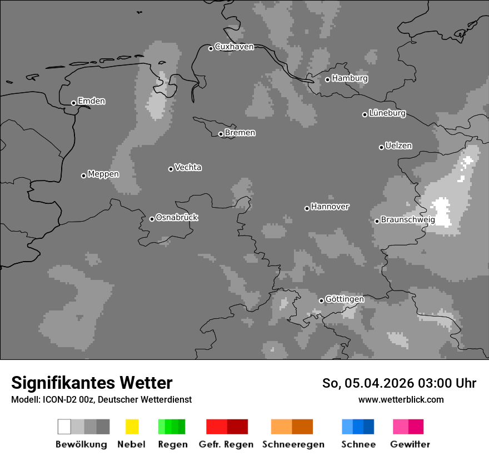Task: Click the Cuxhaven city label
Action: coord(234,47)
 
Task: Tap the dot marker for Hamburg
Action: coord(328,79)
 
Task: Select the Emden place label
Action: coord(91,101)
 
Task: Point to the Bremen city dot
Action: coord(221,134)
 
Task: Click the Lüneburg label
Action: coord(387,113)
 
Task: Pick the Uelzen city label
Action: coord(398,146)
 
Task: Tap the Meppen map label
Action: coord(103,174)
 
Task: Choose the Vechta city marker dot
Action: coord(171,169)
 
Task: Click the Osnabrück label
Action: coord(177,218)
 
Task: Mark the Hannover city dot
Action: coord(307,208)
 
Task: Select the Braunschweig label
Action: coord(408,220)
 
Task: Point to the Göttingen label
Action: coord(345,299)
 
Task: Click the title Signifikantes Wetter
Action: coord(92,383)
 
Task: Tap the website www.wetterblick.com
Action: coord(401,399)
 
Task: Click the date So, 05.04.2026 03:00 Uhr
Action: coord(399,383)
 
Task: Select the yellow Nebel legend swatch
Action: coord(132,427)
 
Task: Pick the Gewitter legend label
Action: coord(410,444)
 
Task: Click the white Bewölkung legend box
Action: coord(64,427)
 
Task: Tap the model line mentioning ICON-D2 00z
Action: coord(101,399)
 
